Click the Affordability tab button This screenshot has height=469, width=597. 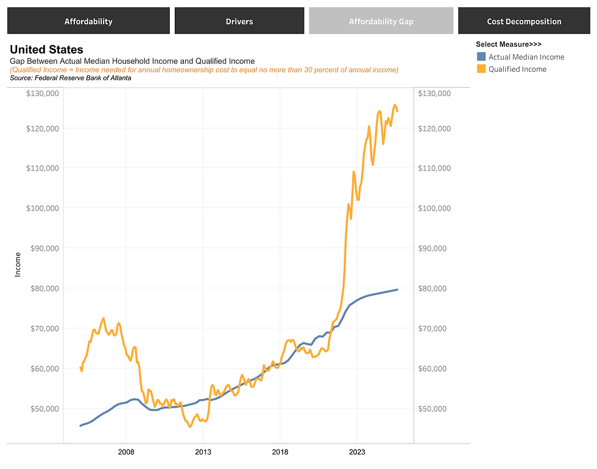88,21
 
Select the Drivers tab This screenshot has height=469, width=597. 239,21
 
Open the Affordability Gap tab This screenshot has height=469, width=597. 381,21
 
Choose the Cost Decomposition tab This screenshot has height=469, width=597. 524,21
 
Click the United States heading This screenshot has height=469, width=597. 47,49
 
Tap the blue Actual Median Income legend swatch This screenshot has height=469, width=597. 481,57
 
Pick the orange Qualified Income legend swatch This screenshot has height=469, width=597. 481,69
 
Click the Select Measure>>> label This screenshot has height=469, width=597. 509,44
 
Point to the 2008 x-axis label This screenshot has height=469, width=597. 126,452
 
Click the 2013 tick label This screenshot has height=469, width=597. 203,452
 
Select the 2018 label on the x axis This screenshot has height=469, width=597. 280,452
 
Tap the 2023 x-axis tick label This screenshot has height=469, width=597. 356,452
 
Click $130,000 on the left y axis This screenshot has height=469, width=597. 42,93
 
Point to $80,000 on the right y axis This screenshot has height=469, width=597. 435,288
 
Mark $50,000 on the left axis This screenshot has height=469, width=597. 42,408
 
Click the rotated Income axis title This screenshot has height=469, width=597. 18,265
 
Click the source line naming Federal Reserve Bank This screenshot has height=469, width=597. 71,78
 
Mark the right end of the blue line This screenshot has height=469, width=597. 397,290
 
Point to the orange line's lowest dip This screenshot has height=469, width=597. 189,426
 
